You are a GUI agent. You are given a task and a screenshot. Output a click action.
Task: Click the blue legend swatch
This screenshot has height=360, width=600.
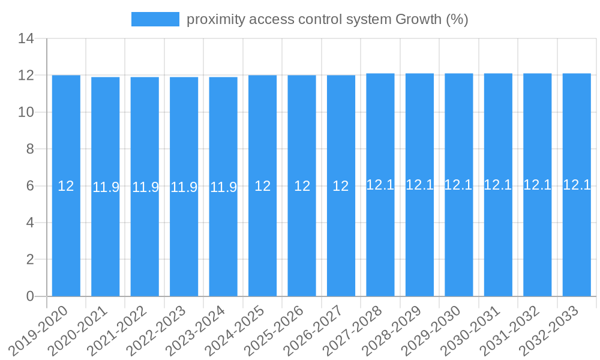coord(155,19)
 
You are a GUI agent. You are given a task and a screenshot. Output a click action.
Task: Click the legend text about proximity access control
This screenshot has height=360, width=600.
coord(327,19)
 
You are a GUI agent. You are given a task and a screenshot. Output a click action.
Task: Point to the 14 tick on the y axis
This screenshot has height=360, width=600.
coord(26,39)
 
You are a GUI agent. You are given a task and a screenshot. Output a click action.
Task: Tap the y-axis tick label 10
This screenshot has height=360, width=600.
coord(26,112)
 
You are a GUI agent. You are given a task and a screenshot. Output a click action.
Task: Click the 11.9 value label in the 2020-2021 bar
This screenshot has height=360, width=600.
coord(106,187)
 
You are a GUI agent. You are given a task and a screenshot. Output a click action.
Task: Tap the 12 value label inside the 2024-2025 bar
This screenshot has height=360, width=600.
coord(263,186)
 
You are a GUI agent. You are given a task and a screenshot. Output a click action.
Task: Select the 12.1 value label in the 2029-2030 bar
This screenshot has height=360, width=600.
coord(458,185)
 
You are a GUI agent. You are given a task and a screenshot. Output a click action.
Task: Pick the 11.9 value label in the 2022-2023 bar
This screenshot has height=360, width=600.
coord(184,187)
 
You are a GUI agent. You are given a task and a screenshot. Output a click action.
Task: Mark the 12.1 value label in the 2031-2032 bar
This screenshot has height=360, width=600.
coord(537,185)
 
